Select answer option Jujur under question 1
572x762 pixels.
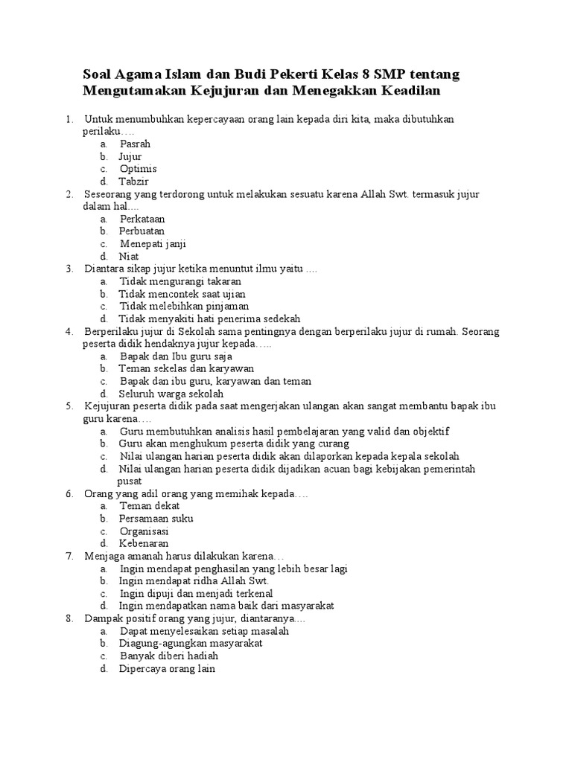pyautogui.click(x=130, y=156)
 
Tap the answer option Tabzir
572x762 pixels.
pyautogui.click(x=133, y=182)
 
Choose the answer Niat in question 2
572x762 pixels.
pyautogui.click(x=129, y=256)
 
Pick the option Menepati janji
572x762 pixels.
pyautogui.click(x=153, y=244)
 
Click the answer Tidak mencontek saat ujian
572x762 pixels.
pyautogui.click(x=182, y=294)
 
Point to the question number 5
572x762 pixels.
pyautogui.click(x=69, y=406)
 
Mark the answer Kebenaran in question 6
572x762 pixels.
pyautogui.click(x=144, y=544)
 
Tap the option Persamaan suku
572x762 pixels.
pyautogui.click(x=156, y=519)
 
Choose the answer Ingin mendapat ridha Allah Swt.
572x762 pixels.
pyautogui.click(x=194, y=581)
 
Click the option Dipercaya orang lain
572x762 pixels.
pyautogui.click(x=167, y=669)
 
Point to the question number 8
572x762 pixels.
pyautogui.click(x=69, y=618)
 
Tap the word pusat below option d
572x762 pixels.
pyautogui.click(x=130, y=481)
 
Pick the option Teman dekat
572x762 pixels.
pyautogui.click(x=150, y=506)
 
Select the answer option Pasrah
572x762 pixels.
pyautogui.click(x=135, y=144)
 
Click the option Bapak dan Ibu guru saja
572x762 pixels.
pyautogui.click(x=176, y=356)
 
